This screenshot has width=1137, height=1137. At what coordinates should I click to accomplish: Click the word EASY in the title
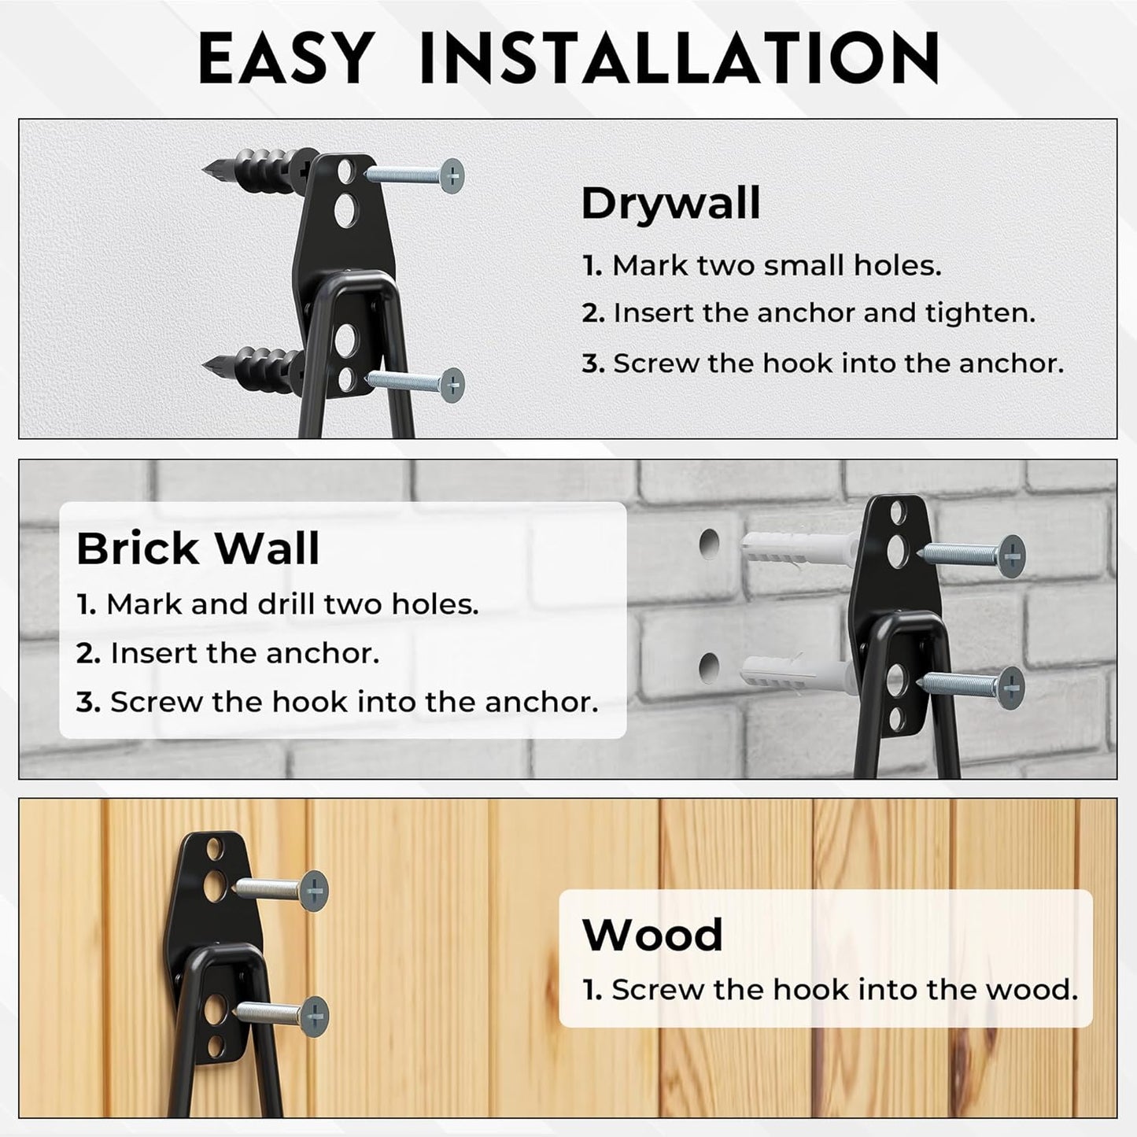284,58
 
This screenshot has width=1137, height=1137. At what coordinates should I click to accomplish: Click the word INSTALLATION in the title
680,58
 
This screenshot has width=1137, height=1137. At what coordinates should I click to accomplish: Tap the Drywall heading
670,204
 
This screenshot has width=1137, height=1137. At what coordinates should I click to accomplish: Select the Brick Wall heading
198,548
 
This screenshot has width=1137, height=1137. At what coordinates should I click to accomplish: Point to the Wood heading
652,935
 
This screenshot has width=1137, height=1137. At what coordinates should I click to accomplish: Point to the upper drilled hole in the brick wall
710,544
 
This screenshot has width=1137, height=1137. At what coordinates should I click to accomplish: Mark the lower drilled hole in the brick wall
710,667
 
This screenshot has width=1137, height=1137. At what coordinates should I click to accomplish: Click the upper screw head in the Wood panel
314,891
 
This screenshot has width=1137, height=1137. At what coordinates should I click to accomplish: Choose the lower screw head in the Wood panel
314,1014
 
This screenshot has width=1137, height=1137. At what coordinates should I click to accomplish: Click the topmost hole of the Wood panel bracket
213,850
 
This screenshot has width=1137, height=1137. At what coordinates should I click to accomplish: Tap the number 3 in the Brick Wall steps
87,702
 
